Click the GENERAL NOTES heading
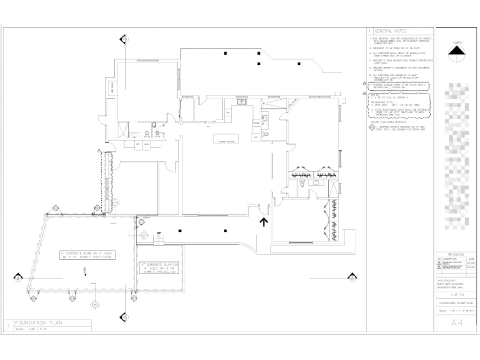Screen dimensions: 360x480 point(390,31)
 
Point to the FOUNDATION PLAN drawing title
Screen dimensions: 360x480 point(38,323)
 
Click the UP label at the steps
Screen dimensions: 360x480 point(159,233)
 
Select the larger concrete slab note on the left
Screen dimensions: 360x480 point(87,255)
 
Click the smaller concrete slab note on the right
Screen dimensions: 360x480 point(159,268)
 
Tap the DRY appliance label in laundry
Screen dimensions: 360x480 point(138,144)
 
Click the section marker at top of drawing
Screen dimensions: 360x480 point(124,39)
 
